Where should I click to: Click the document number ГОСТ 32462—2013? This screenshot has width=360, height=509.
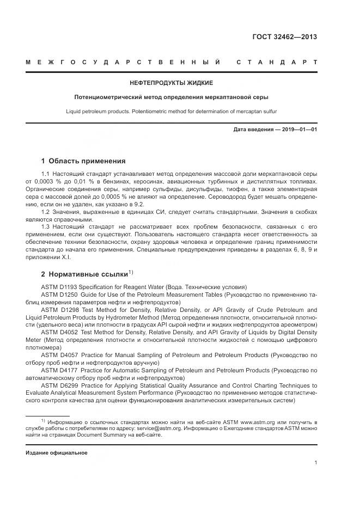click(285, 38)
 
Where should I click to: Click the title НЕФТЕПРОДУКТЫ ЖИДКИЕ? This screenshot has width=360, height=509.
click(172, 83)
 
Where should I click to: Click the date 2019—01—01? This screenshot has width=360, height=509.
click(298, 130)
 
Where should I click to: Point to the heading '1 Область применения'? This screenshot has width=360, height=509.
click(83, 161)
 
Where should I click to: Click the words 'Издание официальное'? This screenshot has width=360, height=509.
click(56, 453)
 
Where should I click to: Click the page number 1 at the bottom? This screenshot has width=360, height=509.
click(316, 463)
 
